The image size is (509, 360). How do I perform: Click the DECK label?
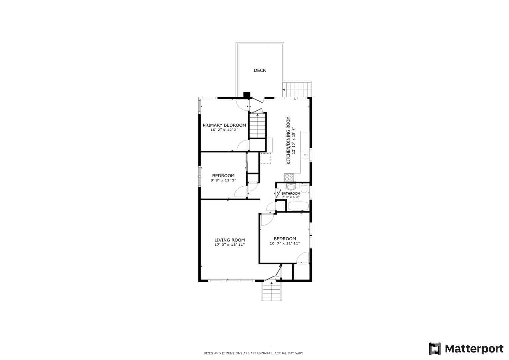(x=260, y=70)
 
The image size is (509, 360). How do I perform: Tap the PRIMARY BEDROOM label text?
(x=224, y=125)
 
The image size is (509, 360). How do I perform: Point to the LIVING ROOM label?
(x=229, y=240)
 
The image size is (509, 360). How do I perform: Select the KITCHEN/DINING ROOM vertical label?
(x=289, y=140)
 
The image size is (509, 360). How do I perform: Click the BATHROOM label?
(x=291, y=193)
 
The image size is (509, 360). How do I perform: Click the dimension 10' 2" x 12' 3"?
(x=224, y=130)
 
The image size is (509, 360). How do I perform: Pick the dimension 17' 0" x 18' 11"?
(x=229, y=245)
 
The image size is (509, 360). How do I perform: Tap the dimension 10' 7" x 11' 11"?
(x=285, y=243)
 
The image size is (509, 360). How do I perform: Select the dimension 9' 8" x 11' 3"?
(x=223, y=180)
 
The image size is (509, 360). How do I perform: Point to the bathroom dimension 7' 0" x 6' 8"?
(x=291, y=197)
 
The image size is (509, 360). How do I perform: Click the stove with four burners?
(x=289, y=177)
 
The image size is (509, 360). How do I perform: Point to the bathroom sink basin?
(x=291, y=187)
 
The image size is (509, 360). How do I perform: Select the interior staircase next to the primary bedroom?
(x=257, y=125)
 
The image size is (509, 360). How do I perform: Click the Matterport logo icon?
(x=435, y=349)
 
